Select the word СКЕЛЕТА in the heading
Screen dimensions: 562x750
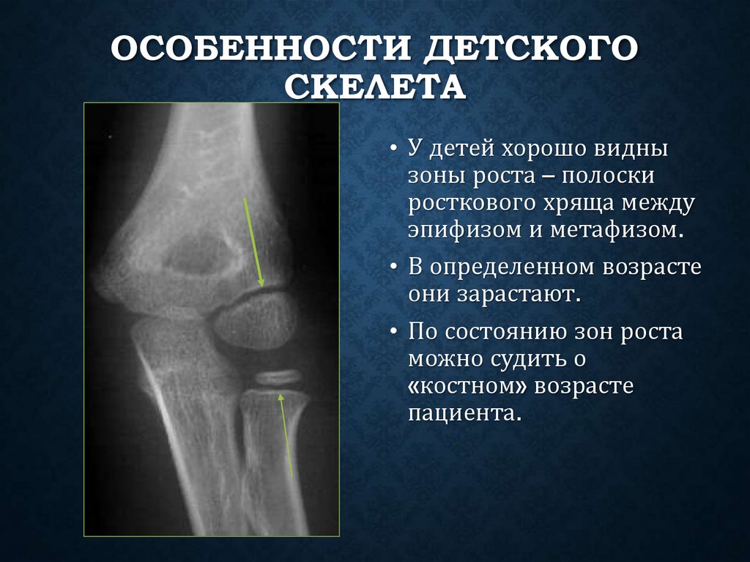pyautogui.click(x=374, y=89)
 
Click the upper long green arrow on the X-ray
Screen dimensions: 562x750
pyautogui.click(x=253, y=241)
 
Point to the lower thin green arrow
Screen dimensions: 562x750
pyautogui.click(x=286, y=435)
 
